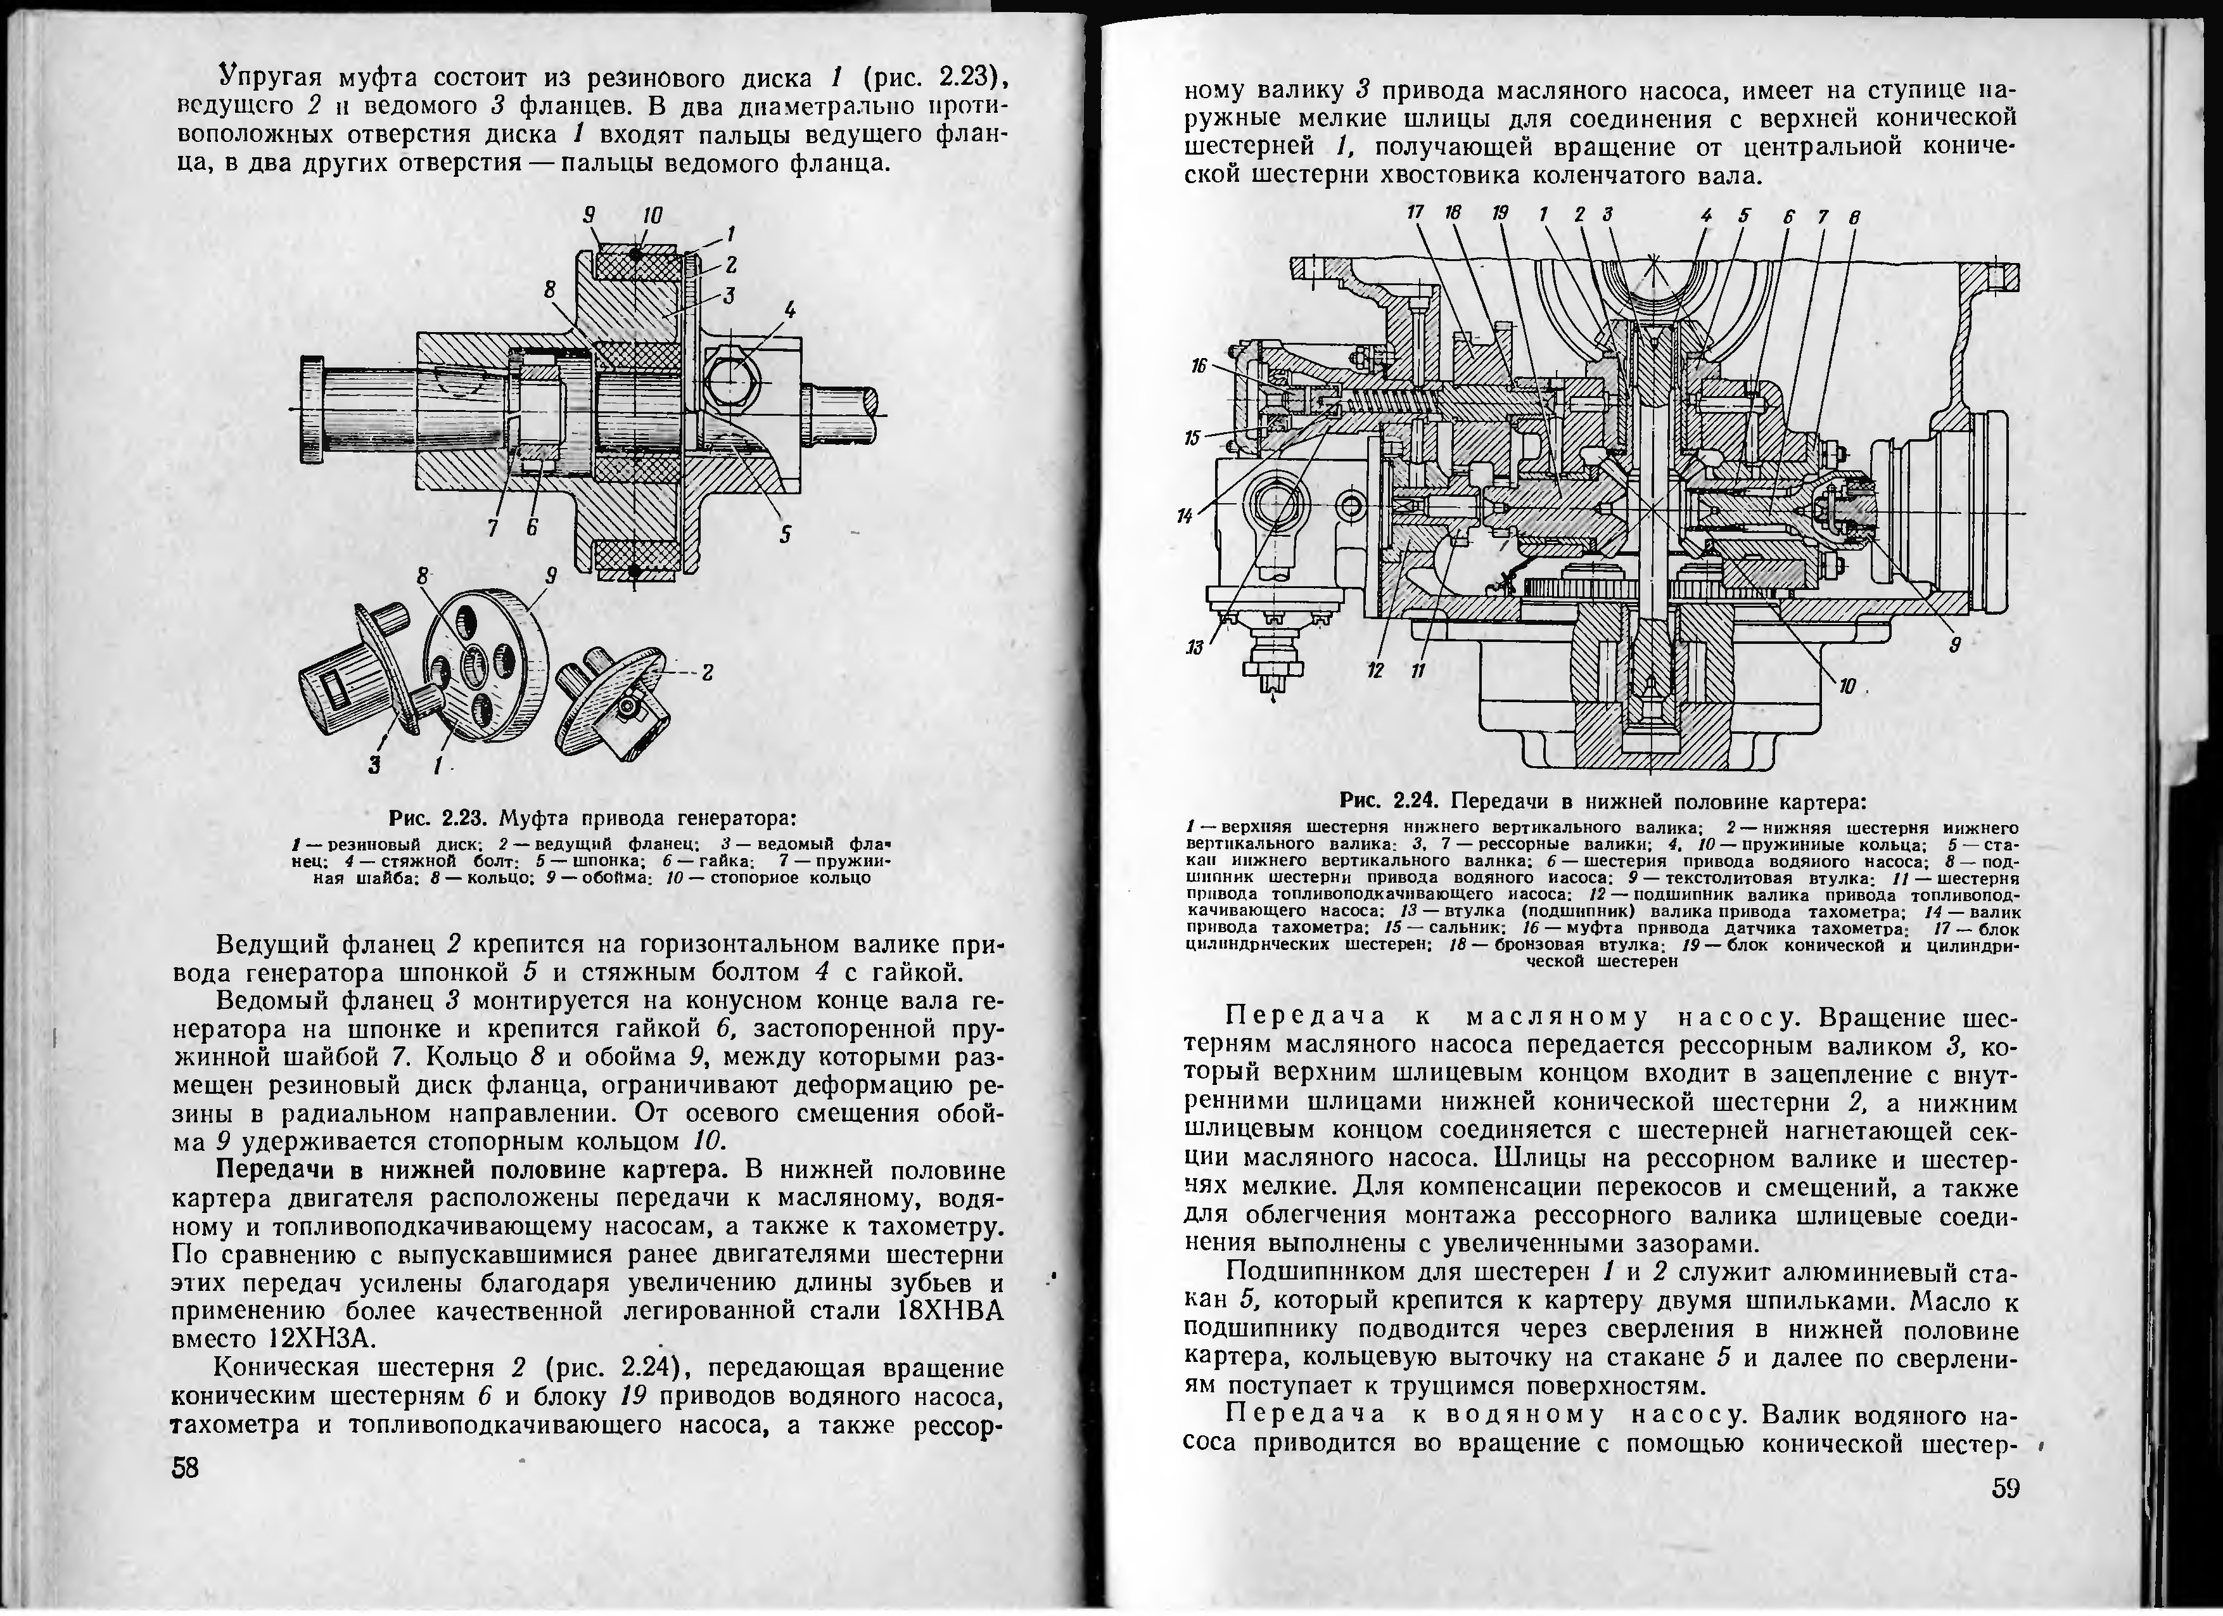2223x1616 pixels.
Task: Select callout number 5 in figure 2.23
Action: click(785, 534)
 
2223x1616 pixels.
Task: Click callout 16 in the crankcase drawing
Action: click(1198, 366)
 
